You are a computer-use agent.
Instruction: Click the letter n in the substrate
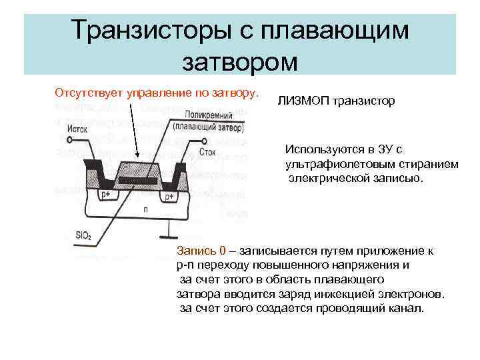146,209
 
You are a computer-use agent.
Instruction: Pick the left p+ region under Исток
105,195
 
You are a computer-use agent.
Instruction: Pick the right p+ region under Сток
169,197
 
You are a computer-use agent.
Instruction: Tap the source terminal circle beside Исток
70,140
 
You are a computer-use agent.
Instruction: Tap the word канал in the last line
406,309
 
